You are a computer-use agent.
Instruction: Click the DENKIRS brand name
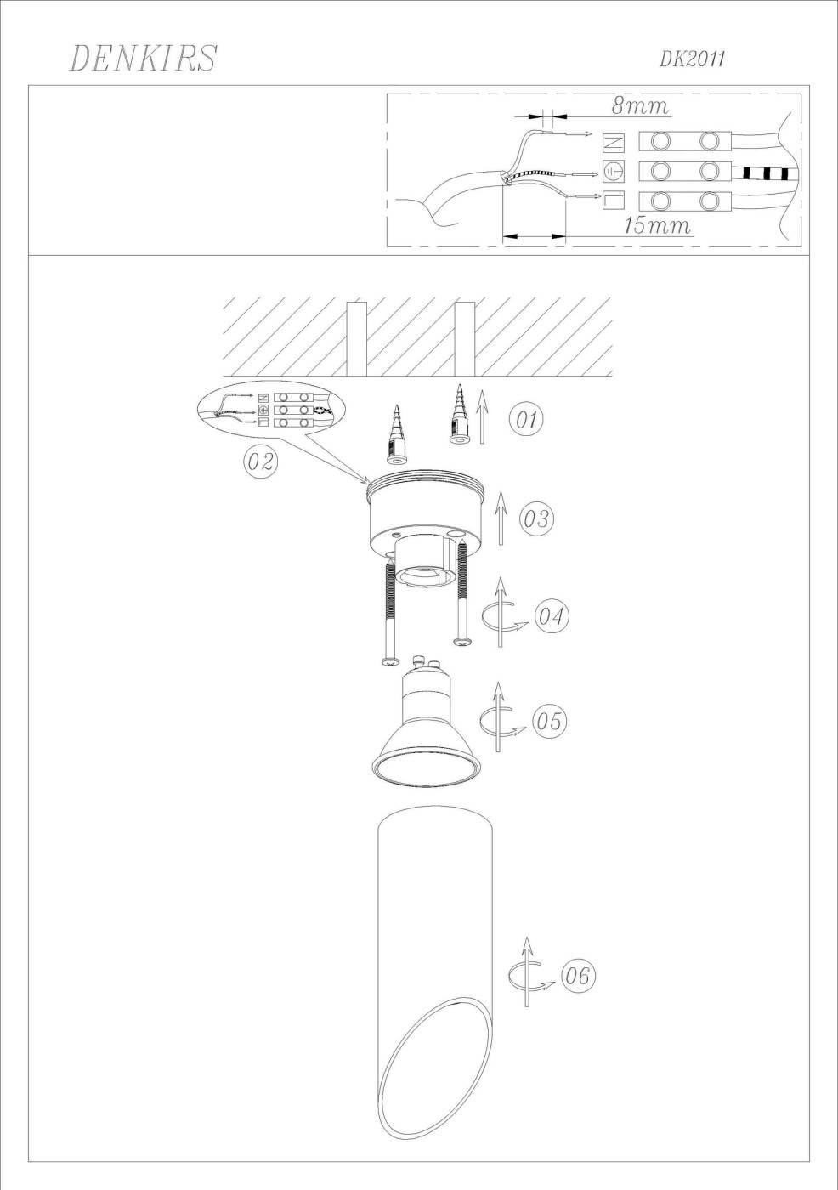[x=143, y=58]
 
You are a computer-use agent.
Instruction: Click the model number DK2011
[x=692, y=59]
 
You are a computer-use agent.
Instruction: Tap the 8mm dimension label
[x=640, y=105]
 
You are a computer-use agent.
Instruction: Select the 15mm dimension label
[x=658, y=225]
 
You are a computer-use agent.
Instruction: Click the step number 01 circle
[x=527, y=420]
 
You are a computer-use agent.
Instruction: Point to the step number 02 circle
[x=261, y=461]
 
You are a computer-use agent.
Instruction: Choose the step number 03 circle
[x=535, y=518]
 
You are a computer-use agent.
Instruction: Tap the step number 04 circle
[x=552, y=617]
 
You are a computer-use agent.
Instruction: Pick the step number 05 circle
[x=550, y=721]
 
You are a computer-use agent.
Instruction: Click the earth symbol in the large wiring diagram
[x=614, y=171]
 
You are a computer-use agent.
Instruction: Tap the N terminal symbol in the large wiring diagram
[x=614, y=142]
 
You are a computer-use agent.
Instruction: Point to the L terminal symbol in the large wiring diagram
[x=614, y=201]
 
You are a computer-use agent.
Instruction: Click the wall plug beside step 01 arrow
[x=458, y=415]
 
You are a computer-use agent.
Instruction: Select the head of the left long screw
[x=390, y=661]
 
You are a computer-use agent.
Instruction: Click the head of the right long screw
[x=462, y=643]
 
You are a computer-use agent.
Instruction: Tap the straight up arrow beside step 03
[x=500, y=518]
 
